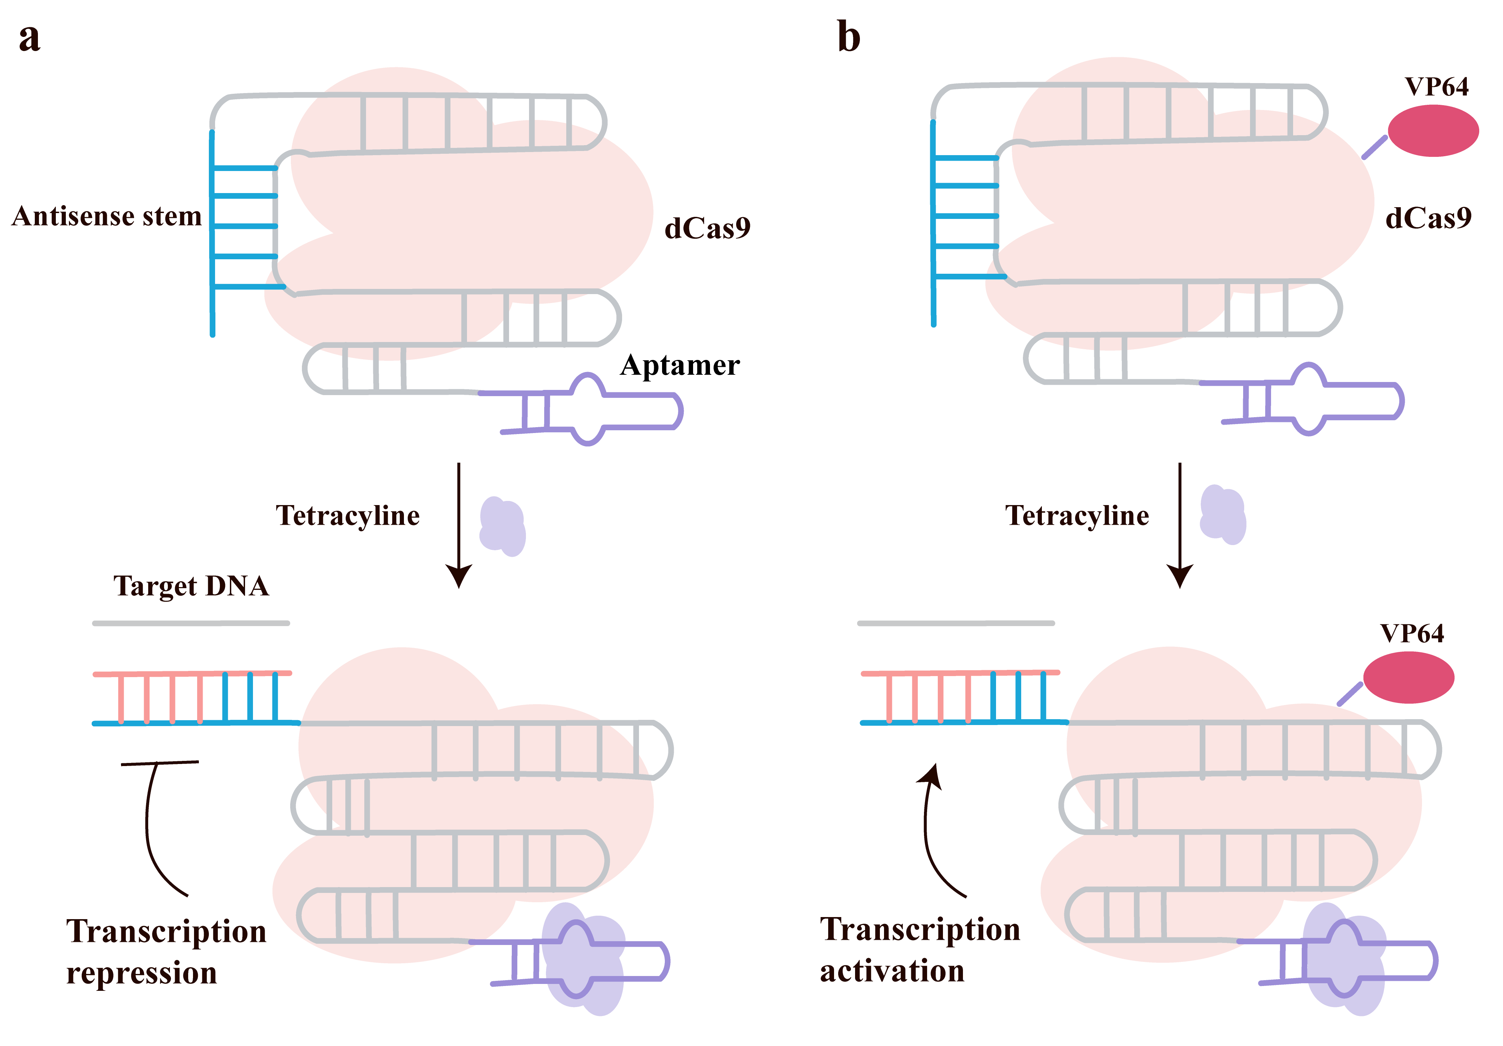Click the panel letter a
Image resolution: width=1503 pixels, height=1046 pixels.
[x=29, y=38]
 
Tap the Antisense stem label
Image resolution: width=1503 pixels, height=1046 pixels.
[x=107, y=216]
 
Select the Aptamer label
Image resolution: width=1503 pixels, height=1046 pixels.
[x=680, y=365]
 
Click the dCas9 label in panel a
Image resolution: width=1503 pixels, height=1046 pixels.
[x=707, y=228]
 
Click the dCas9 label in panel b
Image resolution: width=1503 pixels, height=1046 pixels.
[x=1428, y=218]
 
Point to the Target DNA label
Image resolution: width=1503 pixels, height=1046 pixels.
[x=191, y=586]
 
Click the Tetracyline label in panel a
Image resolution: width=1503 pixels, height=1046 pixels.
[x=348, y=515]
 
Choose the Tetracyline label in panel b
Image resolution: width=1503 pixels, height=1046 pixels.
[x=1077, y=515]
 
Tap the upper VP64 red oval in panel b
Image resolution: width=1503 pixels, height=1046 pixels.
[x=1433, y=131]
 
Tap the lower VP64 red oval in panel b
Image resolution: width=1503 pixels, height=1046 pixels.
[x=1409, y=677]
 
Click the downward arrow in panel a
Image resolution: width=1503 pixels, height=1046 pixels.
[x=459, y=524]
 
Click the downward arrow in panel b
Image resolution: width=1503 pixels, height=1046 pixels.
[x=1180, y=524]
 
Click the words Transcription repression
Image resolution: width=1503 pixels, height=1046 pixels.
[x=166, y=952]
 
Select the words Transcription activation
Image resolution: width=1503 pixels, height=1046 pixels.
[x=920, y=950]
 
